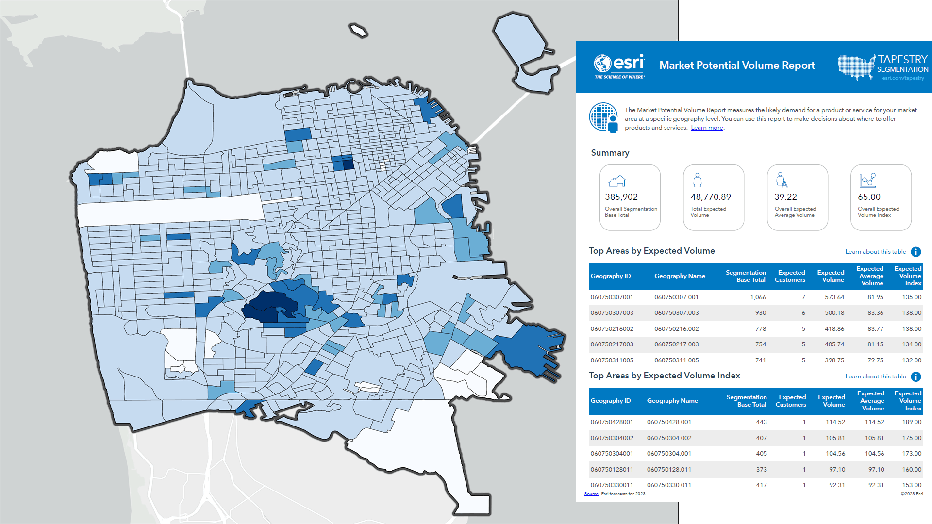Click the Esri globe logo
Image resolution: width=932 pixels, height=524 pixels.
pos(602,64)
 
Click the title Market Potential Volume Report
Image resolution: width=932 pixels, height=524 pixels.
pos(737,65)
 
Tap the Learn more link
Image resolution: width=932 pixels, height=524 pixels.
pos(707,128)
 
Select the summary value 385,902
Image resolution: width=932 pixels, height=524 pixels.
pos(621,197)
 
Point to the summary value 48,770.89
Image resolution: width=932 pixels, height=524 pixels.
pos(711,197)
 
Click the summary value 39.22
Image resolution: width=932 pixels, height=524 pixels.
pos(785,197)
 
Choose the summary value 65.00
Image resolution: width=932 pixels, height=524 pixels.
pos(869,197)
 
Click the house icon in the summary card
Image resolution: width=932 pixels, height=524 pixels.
pos(617,181)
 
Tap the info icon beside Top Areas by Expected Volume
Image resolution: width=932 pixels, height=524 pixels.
pos(916,252)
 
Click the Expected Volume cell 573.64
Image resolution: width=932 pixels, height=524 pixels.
pos(834,297)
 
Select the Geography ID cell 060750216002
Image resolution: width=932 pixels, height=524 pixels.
pos(612,329)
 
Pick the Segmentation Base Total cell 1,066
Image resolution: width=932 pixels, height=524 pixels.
pos(758,297)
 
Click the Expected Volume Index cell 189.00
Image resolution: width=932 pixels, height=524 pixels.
pos(912,422)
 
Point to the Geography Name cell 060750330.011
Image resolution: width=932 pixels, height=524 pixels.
pos(669,485)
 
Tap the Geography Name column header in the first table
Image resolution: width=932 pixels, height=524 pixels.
pos(680,276)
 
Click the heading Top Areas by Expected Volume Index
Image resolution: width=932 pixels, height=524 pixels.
pos(664,376)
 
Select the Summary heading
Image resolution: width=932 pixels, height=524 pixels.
pos(610,153)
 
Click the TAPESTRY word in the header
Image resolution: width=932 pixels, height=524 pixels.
pos(902,59)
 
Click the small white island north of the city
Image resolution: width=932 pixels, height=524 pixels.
pos(359,31)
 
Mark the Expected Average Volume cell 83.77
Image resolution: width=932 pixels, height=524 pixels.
pos(875,329)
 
